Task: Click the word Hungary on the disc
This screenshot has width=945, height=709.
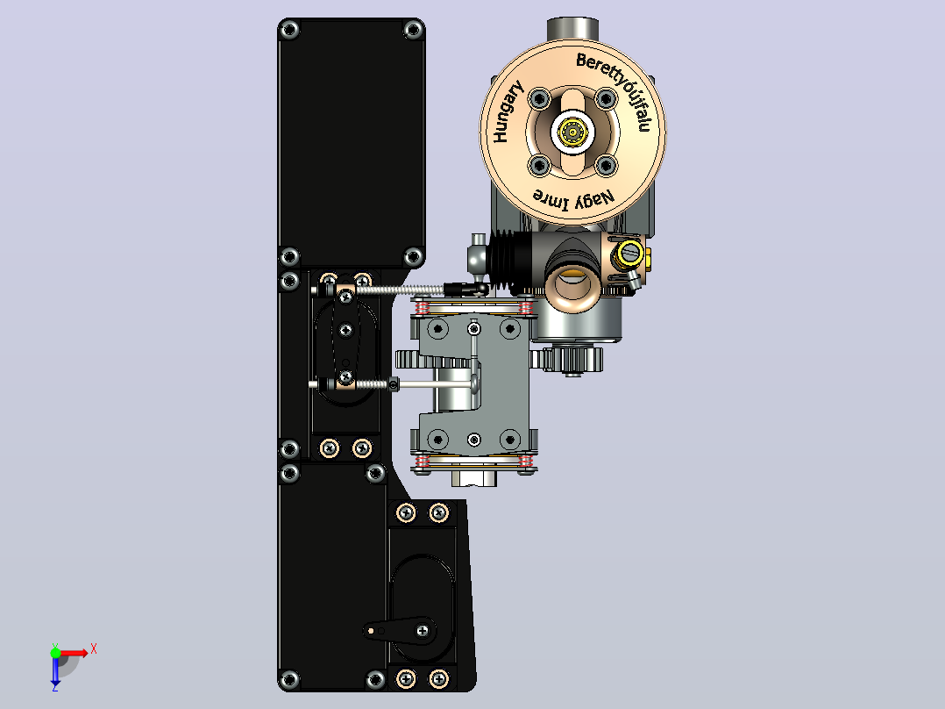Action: [508, 112]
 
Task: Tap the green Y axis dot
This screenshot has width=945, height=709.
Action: [55, 653]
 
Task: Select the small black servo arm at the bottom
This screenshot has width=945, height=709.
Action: [401, 631]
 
